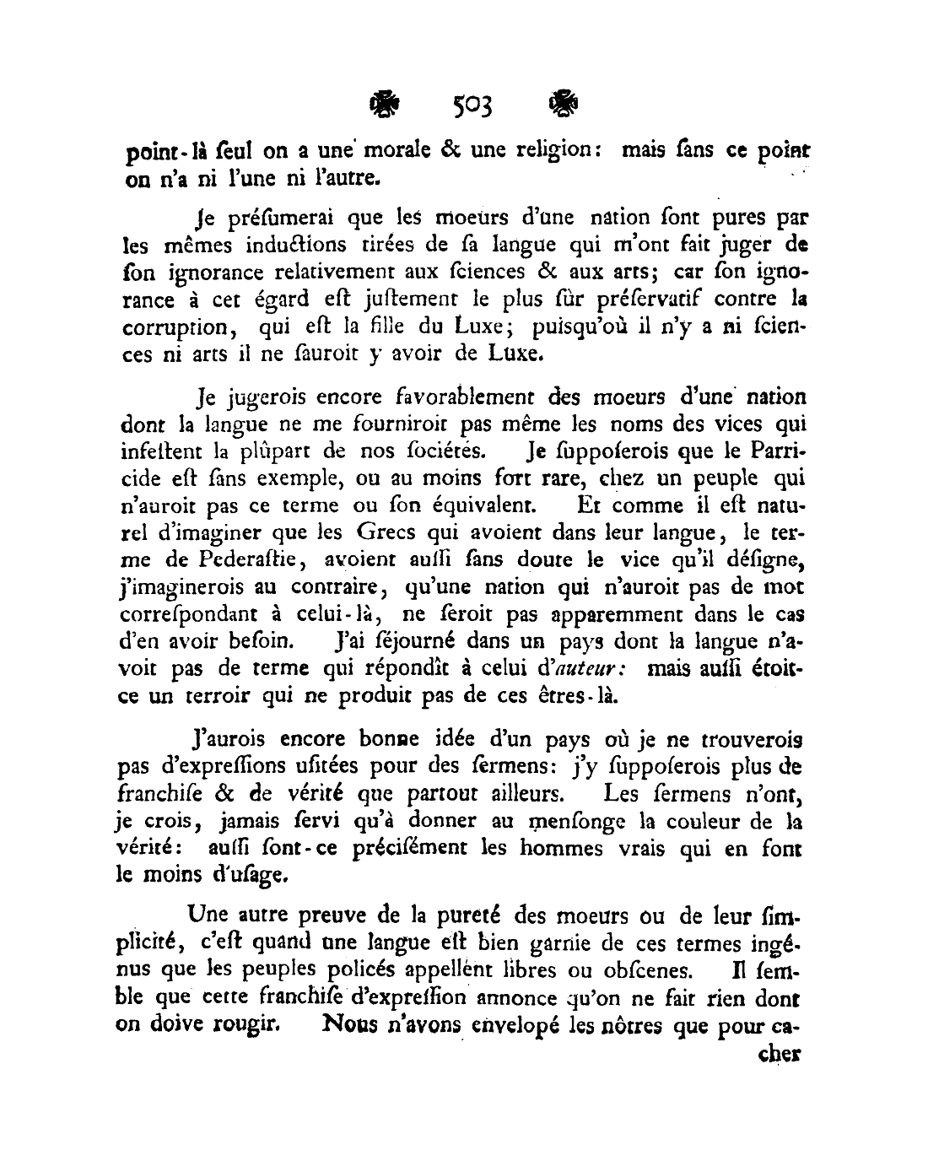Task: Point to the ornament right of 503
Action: [563, 105]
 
